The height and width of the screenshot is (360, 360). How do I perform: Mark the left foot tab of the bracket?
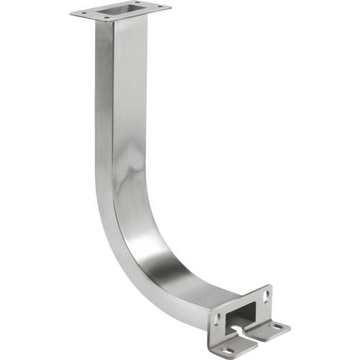point(230,347)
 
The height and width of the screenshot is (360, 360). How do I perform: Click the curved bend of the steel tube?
point(137,245)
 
